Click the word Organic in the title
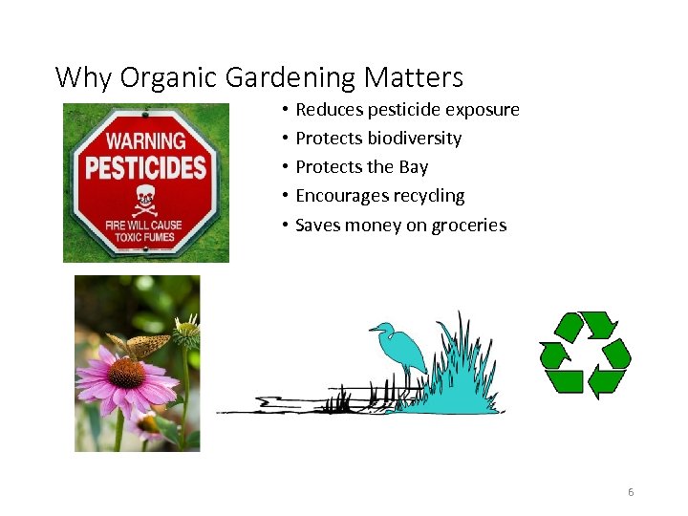164,77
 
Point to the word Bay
414,167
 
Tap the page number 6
631,492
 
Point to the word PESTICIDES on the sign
145,169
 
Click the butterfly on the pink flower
138,345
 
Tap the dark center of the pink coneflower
126,373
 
